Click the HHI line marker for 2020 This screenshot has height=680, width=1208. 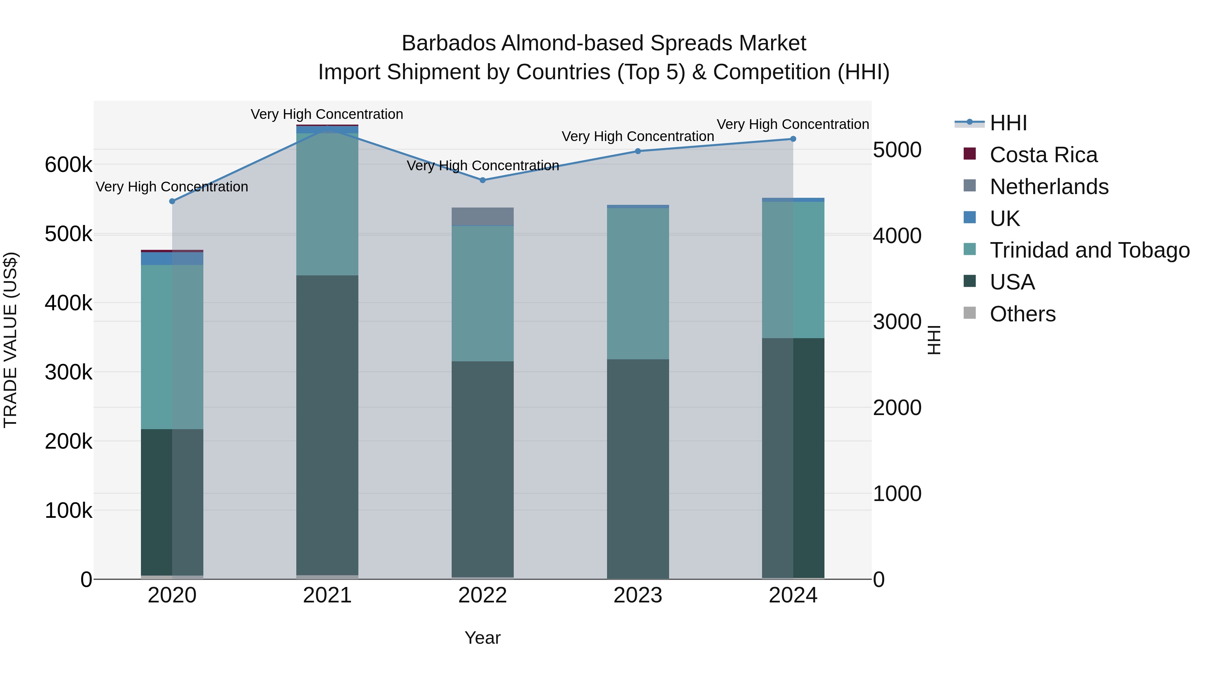pyautogui.click(x=172, y=201)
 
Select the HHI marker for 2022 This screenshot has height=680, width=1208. pyautogui.click(x=483, y=180)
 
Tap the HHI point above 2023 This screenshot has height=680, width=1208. pyautogui.click(x=638, y=151)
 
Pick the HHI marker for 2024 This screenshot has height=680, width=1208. pyautogui.click(x=793, y=139)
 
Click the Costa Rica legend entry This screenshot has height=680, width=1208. pyautogui.click(x=1043, y=155)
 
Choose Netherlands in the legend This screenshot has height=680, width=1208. pyautogui.click(x=1049, y=187)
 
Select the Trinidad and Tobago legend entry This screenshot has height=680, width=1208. pyautogui.click(x=1089, y=250)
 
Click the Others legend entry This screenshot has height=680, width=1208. pyautogui.click(x=1022, y=314)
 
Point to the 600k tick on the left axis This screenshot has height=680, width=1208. pyautogui.click(x=68, y=165)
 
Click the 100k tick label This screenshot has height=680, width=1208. pyautogui.click(x=68, y=510)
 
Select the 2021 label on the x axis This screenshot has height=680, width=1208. pyautogui.click(x=327, y=595)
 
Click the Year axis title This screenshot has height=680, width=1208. pyautogui.click(x=483, y=638)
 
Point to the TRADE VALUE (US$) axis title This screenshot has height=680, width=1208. pyautogui.click(x=10, y=340)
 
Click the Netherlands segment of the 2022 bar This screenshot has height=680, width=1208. pyautogui.click(x=483, y=216)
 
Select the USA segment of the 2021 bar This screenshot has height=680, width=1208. pyautogui.click(x=327, y=425)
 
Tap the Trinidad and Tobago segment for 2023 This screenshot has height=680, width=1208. pyautogui.click(x=638, y=283)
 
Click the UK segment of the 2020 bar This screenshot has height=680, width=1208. pyautogui.click(x=172, y=259)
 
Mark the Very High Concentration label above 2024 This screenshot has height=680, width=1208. pyautogui.click(x=793, y=124)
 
